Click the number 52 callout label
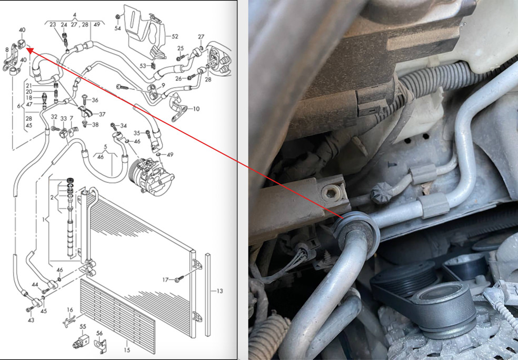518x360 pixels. point(175,37)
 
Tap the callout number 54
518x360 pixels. point(117,28)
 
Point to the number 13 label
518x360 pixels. point(220,291)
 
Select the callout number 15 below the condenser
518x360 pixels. point(127,350)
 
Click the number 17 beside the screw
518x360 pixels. point(165,280)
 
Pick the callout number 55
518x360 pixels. point(83,327)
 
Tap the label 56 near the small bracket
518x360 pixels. point(99,333)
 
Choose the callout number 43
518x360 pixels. point(31,320)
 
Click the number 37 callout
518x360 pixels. point(102,114)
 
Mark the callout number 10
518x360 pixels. point(196,108)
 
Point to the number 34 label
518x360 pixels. point(124,126)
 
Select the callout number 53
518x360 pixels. point(143,66)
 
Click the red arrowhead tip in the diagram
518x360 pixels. point(26,48)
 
